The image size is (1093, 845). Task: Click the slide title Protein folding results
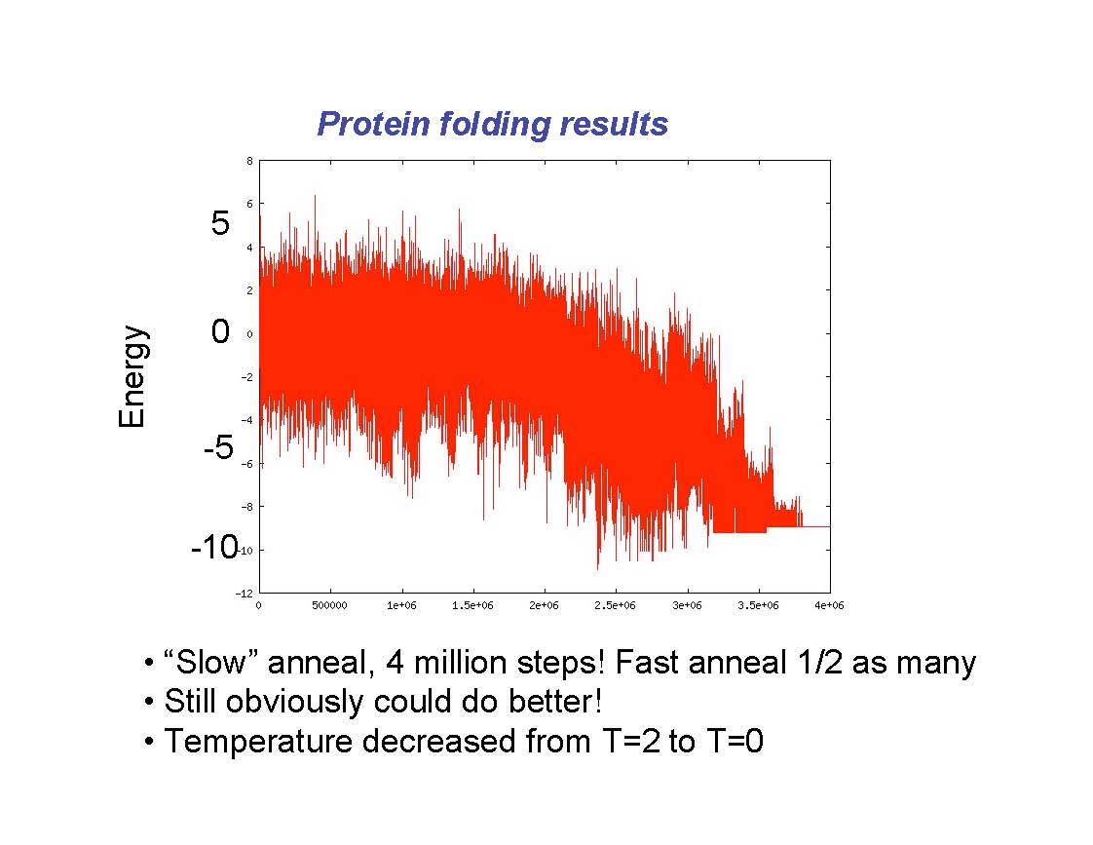coord(492,125)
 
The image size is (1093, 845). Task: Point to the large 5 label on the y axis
coord(221,224)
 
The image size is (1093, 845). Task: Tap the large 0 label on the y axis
coord(221,333)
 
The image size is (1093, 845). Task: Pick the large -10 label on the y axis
coord(213,549)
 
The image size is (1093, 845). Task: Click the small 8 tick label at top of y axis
coord(249,161)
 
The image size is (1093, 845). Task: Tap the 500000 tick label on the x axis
coord(329,606)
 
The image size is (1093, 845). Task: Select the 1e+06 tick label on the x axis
coord(401,606)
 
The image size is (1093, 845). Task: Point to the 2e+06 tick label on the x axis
coord(544,606)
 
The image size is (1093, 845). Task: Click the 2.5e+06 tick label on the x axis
coord(615,606)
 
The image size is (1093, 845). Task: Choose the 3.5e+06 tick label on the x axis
coord(758,606)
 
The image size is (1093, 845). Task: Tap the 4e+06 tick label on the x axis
coord(829,606)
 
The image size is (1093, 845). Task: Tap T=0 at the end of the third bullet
coord(731,742)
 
